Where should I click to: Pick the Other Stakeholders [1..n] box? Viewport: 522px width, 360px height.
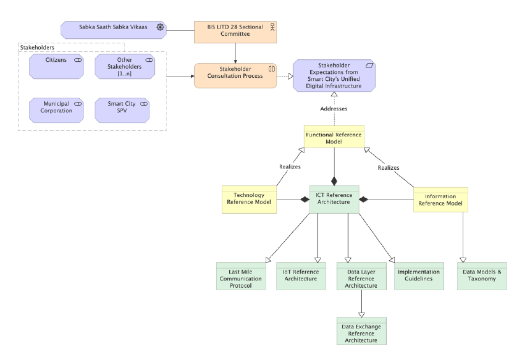(x=124, y=66)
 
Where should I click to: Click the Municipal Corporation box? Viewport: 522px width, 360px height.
(x=56, y=107)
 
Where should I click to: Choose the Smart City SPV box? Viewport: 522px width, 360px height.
(x=124, y=107)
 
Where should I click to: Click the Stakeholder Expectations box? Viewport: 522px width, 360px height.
(x=334, y=76)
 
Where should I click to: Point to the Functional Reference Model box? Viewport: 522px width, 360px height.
(x=334, y=139)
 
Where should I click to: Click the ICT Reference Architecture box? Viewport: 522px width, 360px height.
(x=334, y=199)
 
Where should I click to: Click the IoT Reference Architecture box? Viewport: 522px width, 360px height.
(x=300, y=276)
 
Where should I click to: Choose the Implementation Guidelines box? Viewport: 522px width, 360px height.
(x=419, y=276)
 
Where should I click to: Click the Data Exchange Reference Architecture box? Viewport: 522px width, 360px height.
(x=361, y=331)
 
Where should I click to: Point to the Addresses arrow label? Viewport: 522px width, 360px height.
(x=334, y=109)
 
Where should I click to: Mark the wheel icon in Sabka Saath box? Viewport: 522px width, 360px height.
(x=160, y=28)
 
